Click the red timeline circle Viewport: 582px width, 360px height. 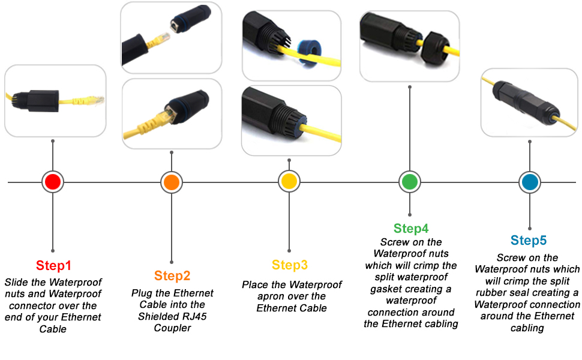pos(53,182)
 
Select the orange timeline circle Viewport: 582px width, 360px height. pos(172,182)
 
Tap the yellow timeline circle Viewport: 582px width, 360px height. pos(289,182)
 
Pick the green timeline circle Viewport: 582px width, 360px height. pos(410,182)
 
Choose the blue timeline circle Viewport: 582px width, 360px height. pos(529,182)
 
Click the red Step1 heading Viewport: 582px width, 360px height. pos(53,265)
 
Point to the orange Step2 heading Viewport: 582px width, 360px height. pos(172,276)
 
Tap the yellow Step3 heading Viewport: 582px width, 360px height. pos(289,265)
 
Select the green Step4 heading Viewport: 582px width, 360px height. pos(411,229)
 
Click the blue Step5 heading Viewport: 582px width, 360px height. pos(529,241)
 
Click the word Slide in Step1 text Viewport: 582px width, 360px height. pos(16,282)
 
